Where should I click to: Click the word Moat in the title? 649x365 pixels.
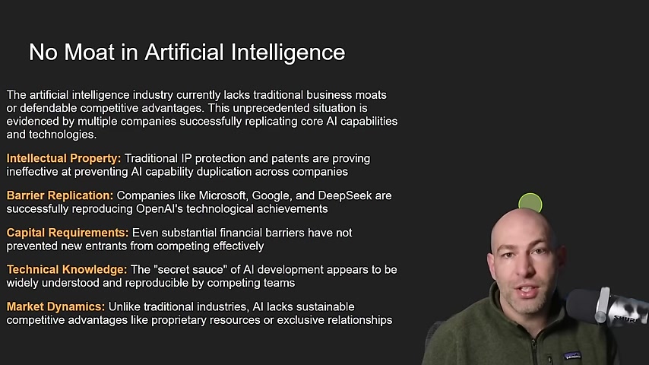point(89,52)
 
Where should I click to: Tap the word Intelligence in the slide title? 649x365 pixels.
point(288,53)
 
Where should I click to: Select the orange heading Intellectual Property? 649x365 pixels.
point(64,159)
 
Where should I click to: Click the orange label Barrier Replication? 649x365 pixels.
point(60,195)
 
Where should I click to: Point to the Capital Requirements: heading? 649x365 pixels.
point(68,233)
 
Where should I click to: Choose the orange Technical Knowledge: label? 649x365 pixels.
point(67,270)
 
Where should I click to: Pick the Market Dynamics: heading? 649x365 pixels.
point(56,307)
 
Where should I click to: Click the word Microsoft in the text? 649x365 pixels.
point(222,195)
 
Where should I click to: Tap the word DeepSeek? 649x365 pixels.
point(345,195)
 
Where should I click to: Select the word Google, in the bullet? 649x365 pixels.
point(271,196)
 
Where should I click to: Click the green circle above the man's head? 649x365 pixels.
point(530,203)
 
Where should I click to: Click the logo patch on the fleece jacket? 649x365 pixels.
point(572,355)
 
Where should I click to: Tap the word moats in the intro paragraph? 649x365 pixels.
point(370,95)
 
